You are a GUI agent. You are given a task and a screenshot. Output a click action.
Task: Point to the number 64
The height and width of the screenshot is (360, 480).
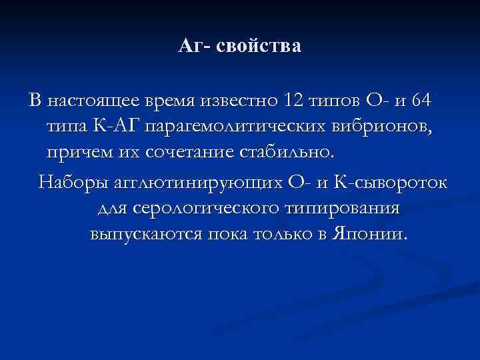pos(422,101)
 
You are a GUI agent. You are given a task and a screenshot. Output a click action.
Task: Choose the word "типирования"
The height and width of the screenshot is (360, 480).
pos(342,209)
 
